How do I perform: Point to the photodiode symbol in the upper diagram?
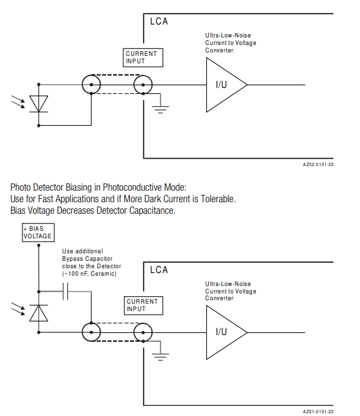pos(39,103)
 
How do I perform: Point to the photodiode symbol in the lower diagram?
pos(39,313)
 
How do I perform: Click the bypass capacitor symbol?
pos(65,291)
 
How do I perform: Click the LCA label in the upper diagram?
pos(159,22)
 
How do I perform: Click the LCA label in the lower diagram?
pos(159,270)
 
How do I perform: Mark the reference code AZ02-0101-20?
pos(318,165)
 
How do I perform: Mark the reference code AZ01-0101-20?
pos(318,411)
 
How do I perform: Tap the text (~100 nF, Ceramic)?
pos(89,274)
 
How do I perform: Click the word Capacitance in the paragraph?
pos(152,210)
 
